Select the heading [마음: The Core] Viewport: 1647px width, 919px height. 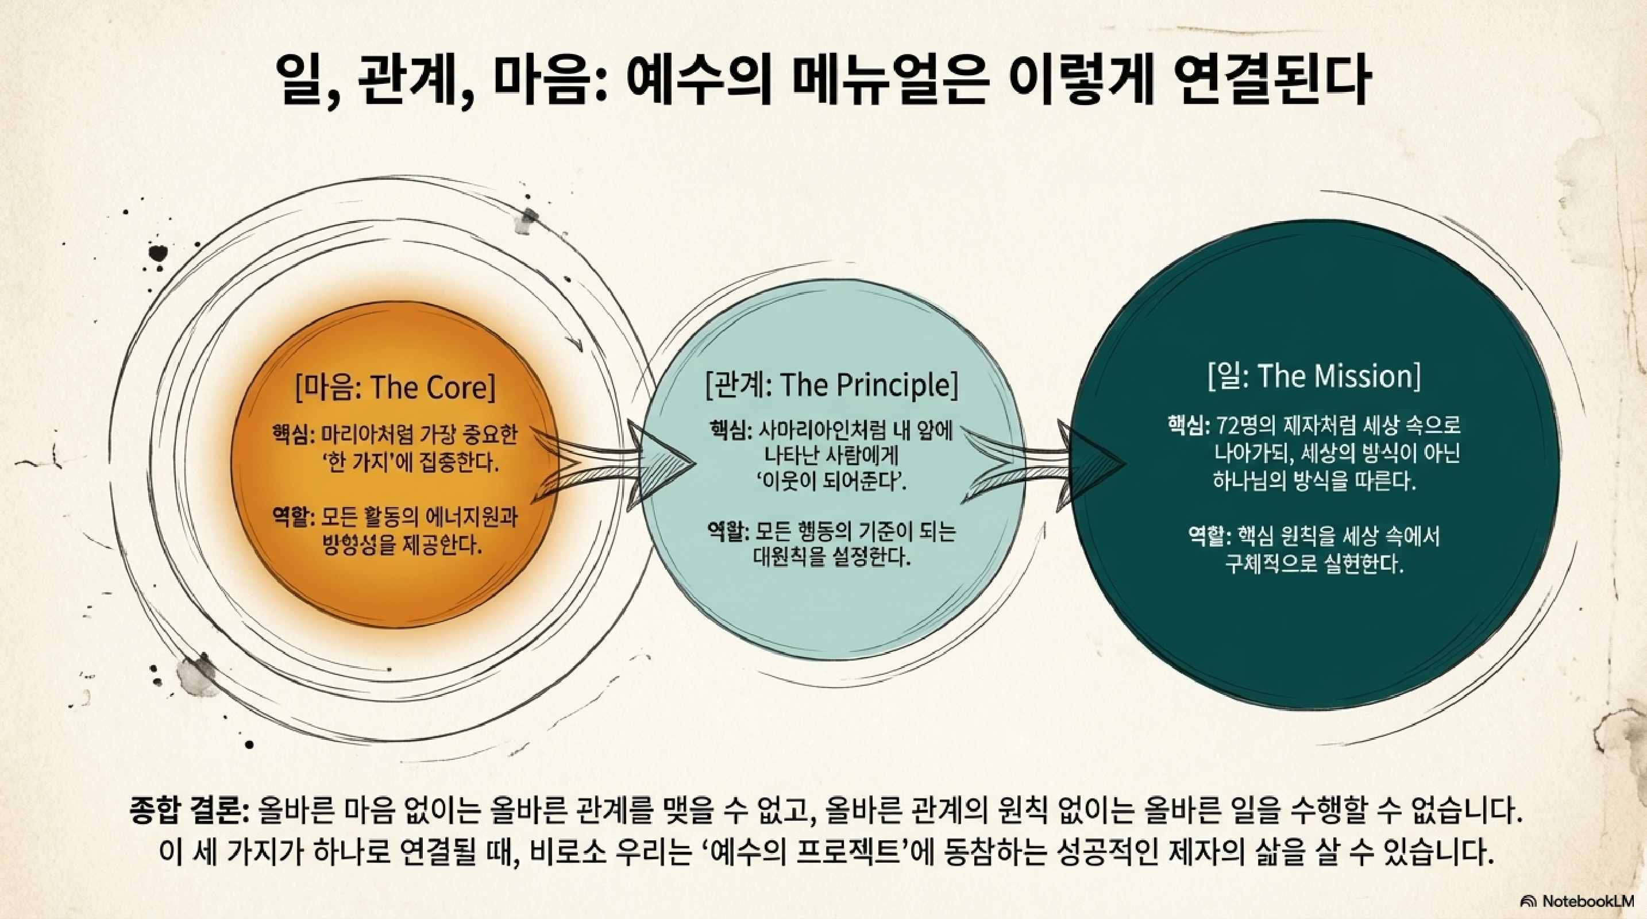click(395, 387)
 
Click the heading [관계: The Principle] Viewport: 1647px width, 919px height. click(831, 385)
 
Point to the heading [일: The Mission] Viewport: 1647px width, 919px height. click(1314, 376)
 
